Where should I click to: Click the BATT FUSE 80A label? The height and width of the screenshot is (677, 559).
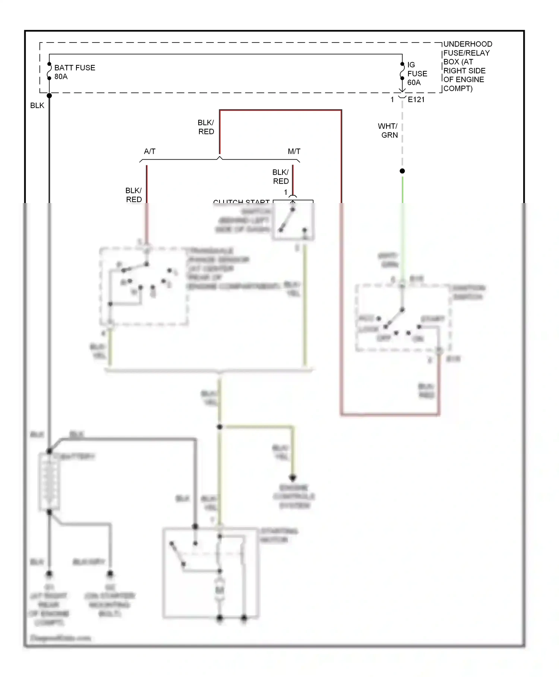coord(74,72)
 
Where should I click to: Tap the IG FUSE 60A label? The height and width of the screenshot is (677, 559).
coord(417,74)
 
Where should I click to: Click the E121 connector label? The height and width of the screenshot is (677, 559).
coord(416,100)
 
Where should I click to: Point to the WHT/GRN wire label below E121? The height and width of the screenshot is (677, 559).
coord(388,131)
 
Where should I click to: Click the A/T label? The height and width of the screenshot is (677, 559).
coord(149,152)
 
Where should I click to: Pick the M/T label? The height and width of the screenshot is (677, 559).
coord(294,152)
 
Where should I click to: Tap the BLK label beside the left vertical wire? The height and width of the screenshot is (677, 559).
coord(37,106)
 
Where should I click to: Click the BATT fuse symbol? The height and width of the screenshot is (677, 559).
coord(49,71)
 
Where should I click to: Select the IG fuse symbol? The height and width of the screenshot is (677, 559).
coord(402,71)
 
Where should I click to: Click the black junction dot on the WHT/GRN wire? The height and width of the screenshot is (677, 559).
coord(402,171)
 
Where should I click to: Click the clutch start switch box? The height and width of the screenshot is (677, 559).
coord(293,221)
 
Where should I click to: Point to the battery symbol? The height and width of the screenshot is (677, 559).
coord(49,482)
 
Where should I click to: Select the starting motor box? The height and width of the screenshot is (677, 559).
coord(211,573)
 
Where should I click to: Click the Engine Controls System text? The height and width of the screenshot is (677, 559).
coord(294,497)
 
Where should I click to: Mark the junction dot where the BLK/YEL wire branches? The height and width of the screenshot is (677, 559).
coord(220,427)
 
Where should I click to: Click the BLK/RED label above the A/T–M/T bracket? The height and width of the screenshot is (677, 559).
coord(206,127)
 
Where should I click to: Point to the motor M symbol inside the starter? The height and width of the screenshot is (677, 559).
coord(220,590)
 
